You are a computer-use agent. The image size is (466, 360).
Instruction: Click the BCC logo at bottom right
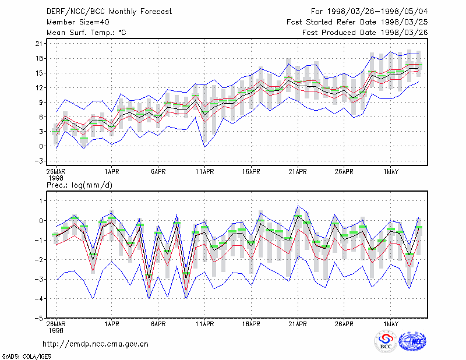point(386,341)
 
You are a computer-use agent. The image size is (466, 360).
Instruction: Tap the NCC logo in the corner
point(412,341)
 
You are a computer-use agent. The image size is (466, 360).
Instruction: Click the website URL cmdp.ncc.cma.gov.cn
point(96,344)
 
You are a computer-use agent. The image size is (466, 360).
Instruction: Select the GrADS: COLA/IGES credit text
point(26,357)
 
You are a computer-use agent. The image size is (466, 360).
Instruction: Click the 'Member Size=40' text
point(78,22)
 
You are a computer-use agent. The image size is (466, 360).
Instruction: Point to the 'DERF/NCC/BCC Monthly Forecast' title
point(109,12)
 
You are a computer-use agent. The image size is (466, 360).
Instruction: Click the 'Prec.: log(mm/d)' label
point(79,185)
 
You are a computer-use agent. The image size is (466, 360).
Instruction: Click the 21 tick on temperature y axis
point(39,44)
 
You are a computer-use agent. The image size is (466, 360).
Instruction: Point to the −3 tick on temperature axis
point(38,161)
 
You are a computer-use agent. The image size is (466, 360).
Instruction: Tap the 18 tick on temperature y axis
point(39,58)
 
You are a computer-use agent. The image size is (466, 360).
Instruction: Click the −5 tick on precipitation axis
point(38,318)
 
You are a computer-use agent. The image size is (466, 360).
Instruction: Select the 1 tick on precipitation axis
point(41,201)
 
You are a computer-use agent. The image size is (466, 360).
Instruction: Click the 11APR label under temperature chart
point(205,172)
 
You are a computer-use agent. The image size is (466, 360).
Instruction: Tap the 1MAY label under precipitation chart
point(390,324)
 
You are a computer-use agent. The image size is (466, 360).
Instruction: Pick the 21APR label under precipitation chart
point(298,324)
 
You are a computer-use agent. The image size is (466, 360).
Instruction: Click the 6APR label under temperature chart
point(158,172)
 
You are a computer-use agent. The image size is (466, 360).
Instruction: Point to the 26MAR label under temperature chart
point(56,172)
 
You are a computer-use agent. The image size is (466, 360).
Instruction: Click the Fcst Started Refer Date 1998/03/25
point(357,22)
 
